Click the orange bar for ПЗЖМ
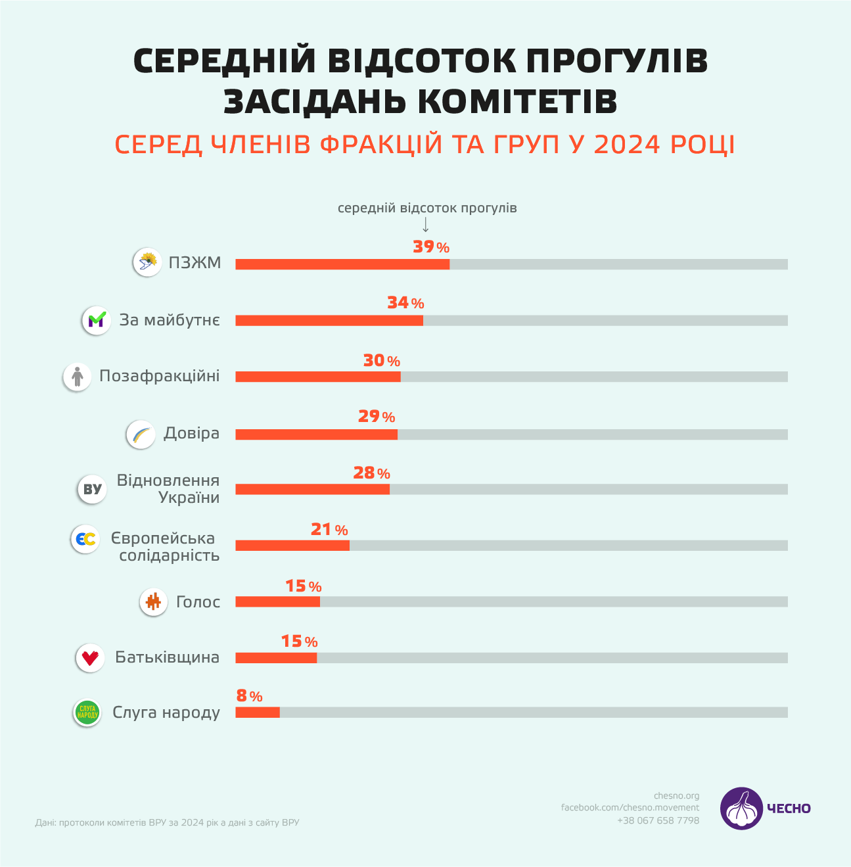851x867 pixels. [342, 264]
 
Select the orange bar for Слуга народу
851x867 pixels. [258, 713]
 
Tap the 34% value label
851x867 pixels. [405, 303]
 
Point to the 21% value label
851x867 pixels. [329, 530]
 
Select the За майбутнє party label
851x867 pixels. [170, 320]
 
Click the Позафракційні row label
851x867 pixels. [160, 376]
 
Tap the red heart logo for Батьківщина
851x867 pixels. [90, 657]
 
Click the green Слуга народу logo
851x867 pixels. [87, 713]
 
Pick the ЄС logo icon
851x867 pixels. [85, 539]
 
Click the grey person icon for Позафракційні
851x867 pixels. [78, 377]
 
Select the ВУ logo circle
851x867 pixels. [93, 489]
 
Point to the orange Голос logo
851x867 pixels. [154, 601]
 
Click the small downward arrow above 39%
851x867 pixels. [426, 225]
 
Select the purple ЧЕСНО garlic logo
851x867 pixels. [741, 808]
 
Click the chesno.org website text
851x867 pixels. [676, 796]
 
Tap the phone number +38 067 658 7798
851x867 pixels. [658, 820]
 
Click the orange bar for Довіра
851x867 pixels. [316, 434]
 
